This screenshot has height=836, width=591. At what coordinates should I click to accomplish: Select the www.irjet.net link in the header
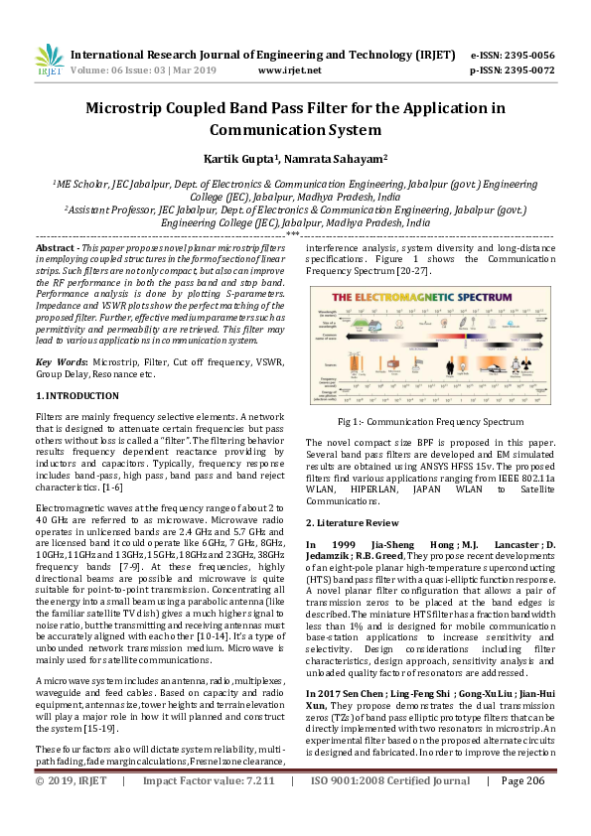click(x=289, y=70)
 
